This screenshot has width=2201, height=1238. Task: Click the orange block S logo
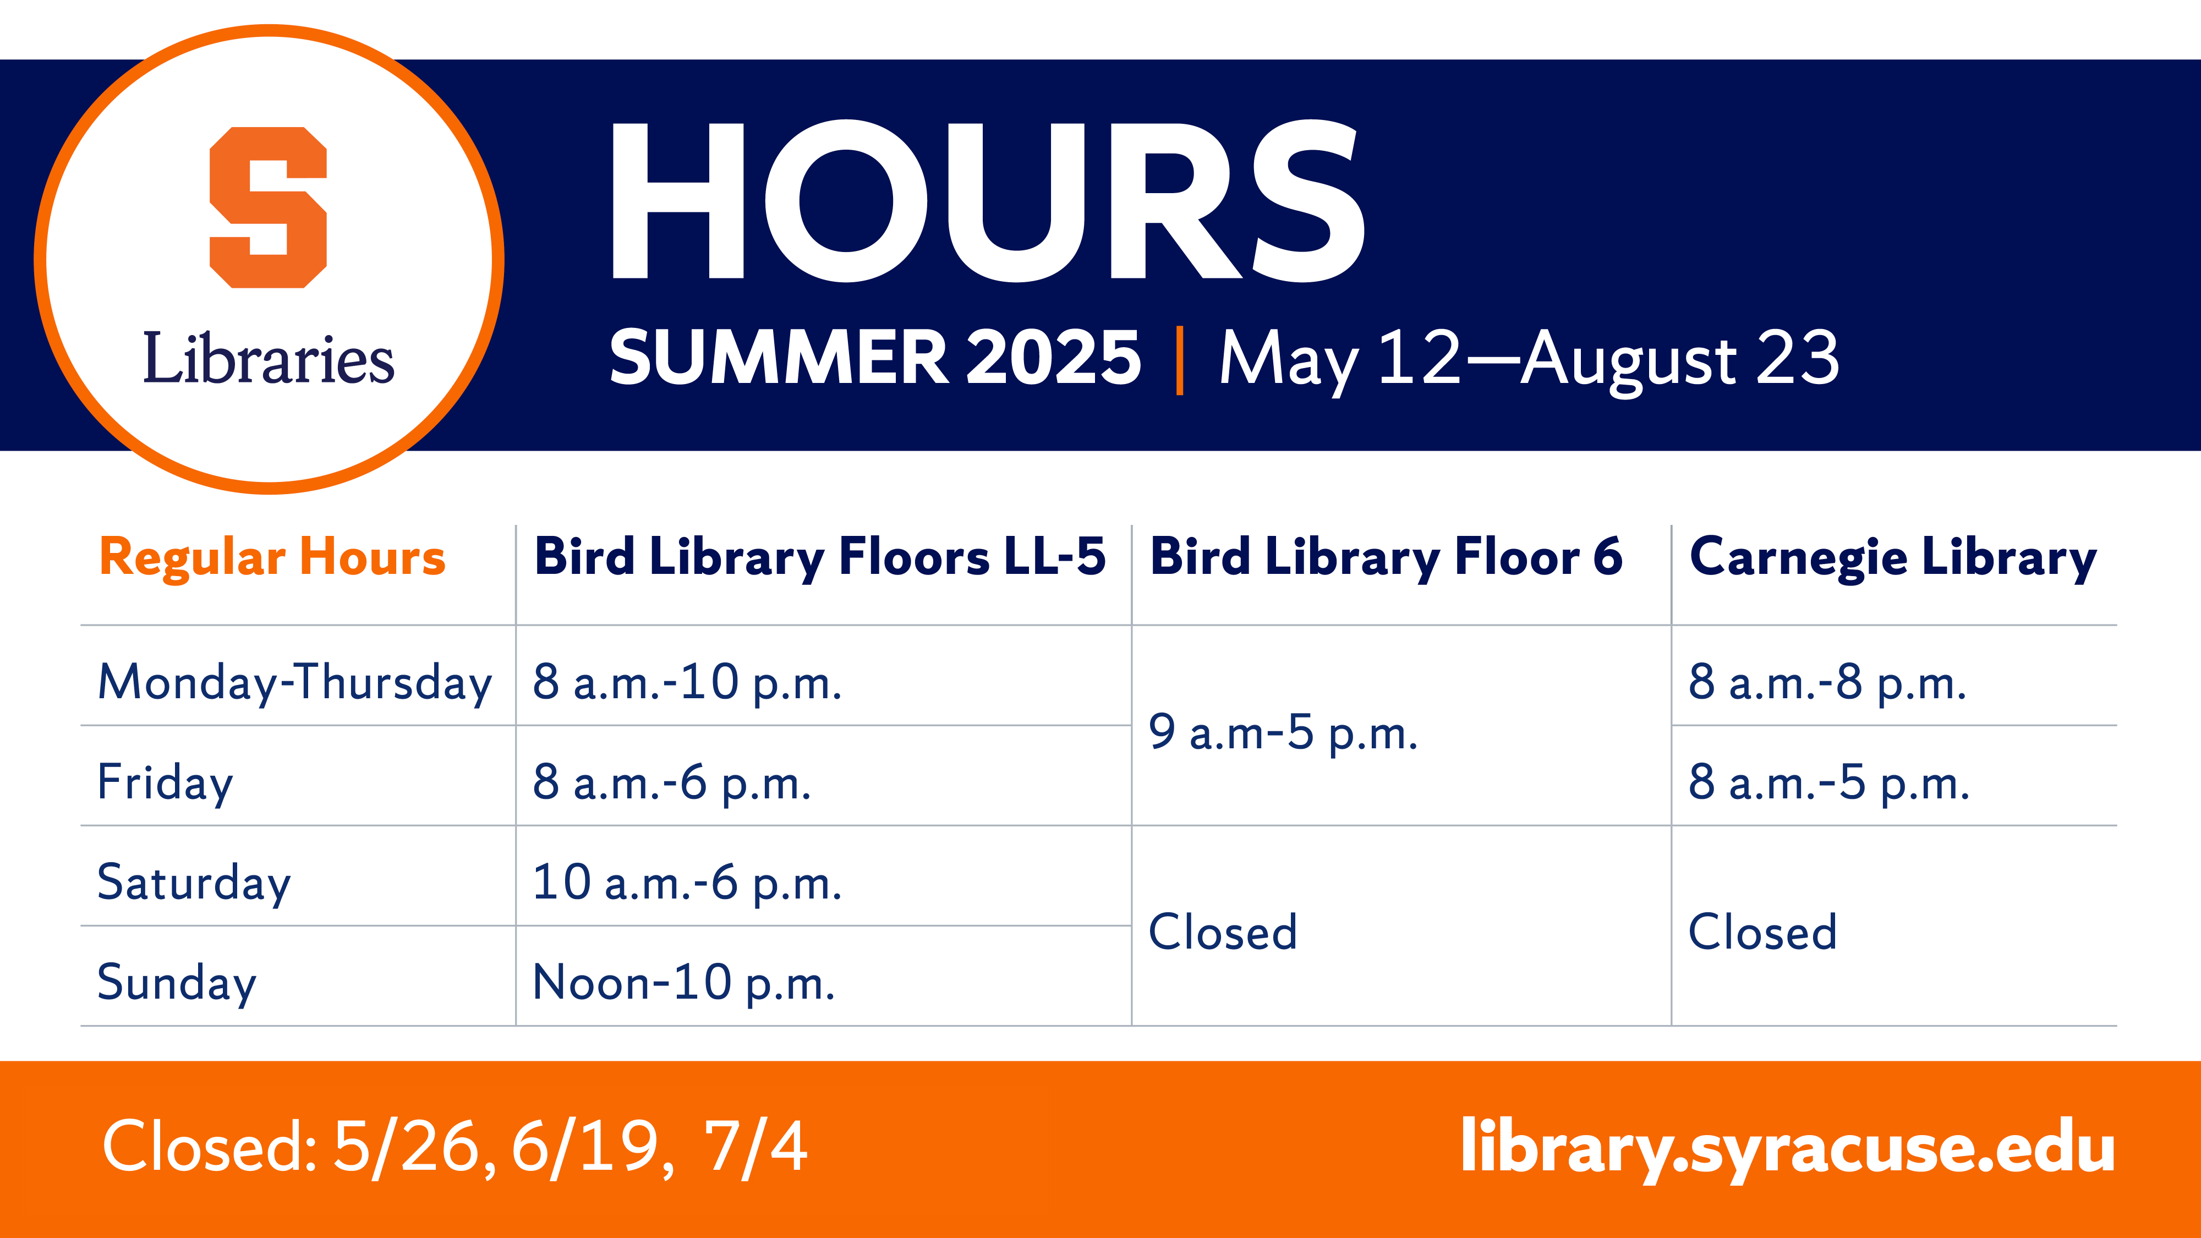(269, 207)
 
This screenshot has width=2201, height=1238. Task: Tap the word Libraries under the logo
(269, 358)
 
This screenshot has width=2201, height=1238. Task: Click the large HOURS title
(988, 201)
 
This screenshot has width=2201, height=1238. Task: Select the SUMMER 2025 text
(875, 357)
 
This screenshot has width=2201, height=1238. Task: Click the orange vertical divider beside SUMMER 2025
(1180, 360)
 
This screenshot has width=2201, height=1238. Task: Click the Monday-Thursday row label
(295, 683)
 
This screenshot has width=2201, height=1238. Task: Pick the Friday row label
(165, 782)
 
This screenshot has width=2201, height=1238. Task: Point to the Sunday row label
(177, 983)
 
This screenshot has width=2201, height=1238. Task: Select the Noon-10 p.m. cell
(683, 983)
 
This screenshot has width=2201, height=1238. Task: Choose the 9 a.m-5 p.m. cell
(1283, 733)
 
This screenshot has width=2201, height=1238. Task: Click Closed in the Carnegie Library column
(1762, 932)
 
